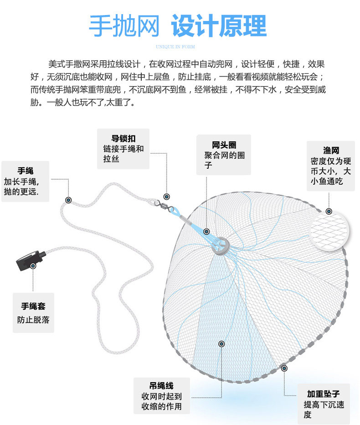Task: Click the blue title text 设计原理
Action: tap(219, 26)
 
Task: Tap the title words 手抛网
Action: tap(124, 26)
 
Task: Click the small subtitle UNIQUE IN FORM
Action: tap(175, 47)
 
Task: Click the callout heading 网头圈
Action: tap(224, 145)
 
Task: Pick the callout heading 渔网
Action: tap(331, 150)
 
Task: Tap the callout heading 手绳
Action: tap(26, 171)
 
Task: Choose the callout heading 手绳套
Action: tap(33, 306)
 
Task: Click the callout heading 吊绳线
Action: tap(161, 386)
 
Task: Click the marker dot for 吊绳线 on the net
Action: tap(221, 343)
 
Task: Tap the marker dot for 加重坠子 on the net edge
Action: tap(284, 368)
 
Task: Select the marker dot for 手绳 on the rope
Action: tap(68, 200)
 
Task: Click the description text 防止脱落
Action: tap(33, 320)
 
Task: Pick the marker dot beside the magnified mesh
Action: tap(329, 212)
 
